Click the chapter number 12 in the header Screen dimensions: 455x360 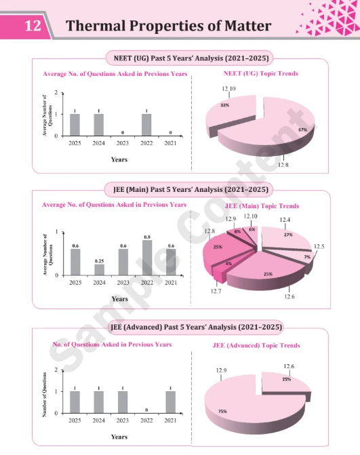(33, 26)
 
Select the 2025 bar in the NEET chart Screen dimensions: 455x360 (75, 125)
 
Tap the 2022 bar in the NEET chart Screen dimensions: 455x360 (146, 125)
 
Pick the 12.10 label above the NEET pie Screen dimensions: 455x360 (228, 90)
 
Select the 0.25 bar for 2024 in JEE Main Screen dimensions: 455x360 (99, 270)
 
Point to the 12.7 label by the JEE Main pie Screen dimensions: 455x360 (216, 291)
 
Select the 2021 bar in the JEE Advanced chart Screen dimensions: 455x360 (170, 402)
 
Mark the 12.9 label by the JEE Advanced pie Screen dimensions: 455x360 (221, 370)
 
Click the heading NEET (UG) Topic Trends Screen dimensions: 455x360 (260, 73)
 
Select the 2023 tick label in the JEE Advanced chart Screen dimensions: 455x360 (123, 420)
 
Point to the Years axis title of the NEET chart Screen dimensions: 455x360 (119, 159)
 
